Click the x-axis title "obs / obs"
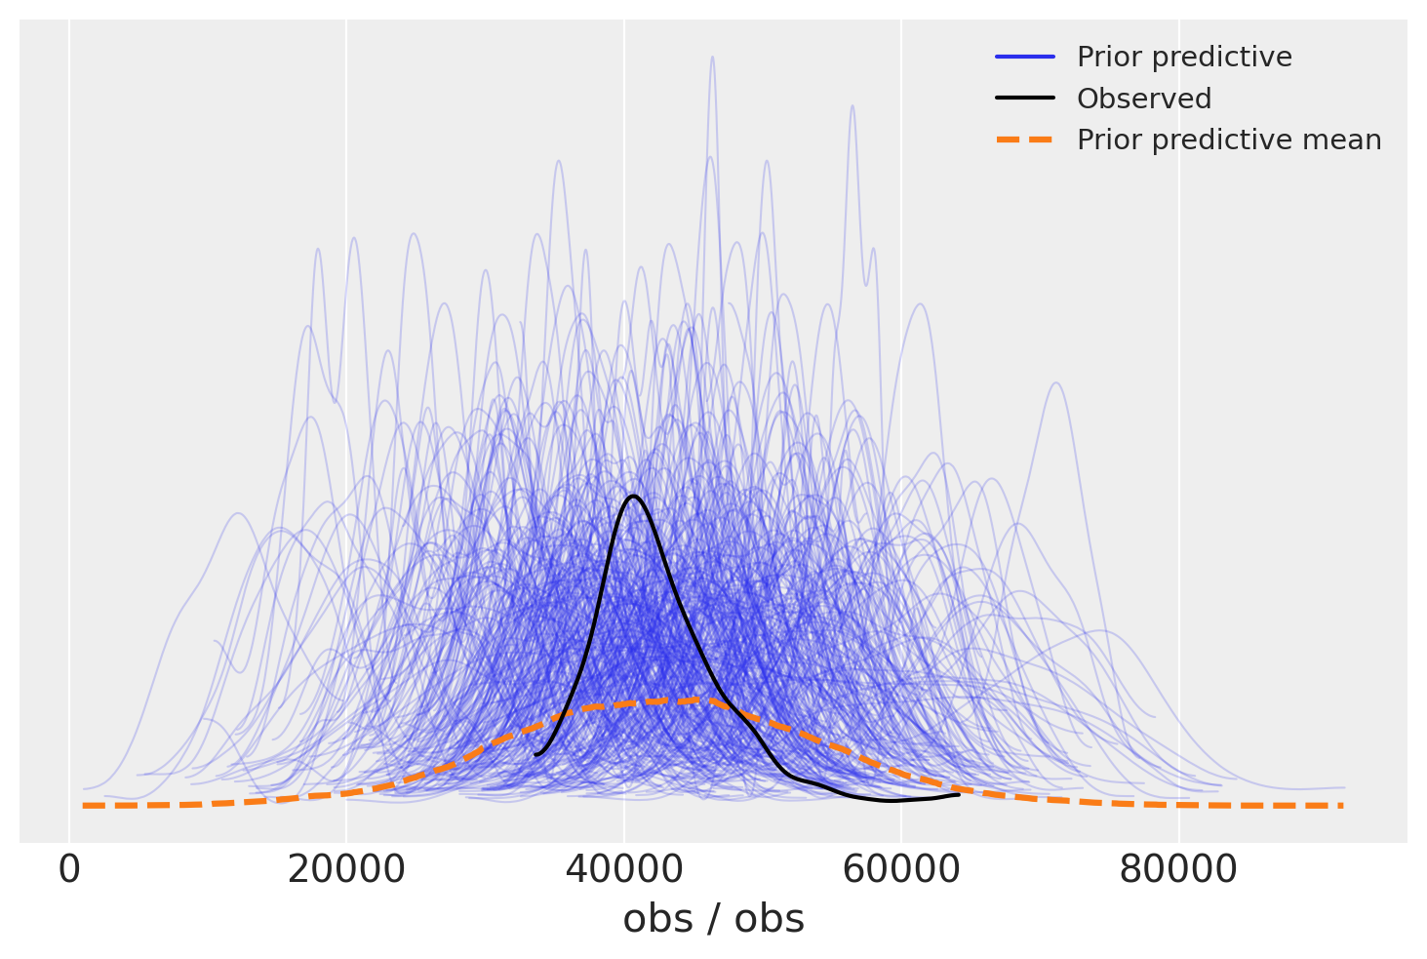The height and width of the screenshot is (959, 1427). (x=713, y=920)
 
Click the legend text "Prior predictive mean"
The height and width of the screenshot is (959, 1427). (x=1228, y=140)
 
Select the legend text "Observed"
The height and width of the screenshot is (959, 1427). (x=1143, y=99)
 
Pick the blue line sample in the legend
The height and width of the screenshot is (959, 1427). (x=1025, y=58)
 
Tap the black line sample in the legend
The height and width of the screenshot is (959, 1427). (x=1025, y=99)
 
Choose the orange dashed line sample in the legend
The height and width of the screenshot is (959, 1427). (x=1025, y=140)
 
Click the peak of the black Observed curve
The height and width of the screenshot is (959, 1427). (x=634, y=496)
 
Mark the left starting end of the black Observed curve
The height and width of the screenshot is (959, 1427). (x=535, y=754)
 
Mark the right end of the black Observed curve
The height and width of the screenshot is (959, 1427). (x=959, y=794)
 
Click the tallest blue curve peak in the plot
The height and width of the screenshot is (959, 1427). (x=712, y=57)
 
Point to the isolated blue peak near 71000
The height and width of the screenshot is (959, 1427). (x=1055, y=382)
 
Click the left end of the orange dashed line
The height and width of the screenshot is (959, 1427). (x=85, y=806)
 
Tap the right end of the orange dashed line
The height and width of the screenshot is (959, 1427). (x=1342, y=806)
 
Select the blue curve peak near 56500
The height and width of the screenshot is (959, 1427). (x=852, y=105)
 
